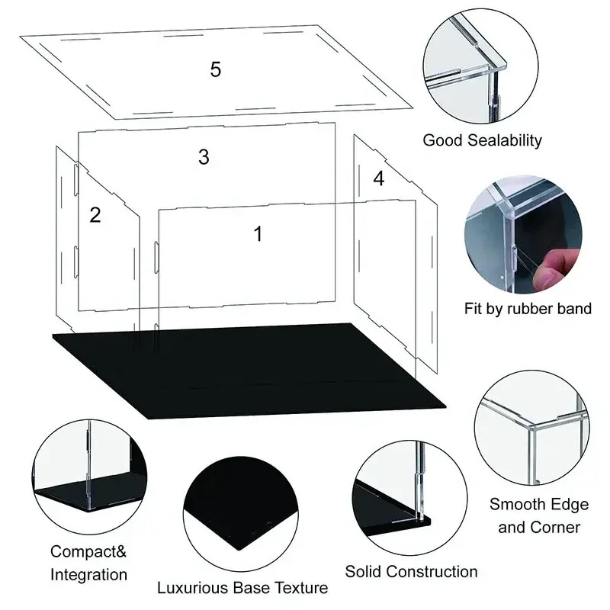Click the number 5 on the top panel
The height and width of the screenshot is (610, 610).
click(216, 69)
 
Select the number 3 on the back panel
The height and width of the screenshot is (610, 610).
click(204, 157)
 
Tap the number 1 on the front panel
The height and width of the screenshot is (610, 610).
click(258, 234)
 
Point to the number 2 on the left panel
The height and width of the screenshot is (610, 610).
click(95, 215)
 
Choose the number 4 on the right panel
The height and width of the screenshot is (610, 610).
click(379, 178)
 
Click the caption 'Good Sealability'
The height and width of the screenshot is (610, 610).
click(482, 140)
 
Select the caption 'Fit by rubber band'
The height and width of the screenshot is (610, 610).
click(528, 309)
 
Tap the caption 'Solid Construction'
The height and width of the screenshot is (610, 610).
click(411, 571)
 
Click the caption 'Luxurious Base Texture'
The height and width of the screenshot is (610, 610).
click(242, 588)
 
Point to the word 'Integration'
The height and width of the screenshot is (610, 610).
click(89, 574)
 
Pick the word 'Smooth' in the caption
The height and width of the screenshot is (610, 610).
click(518, 504)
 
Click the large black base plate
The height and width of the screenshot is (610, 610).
click(252, 370)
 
